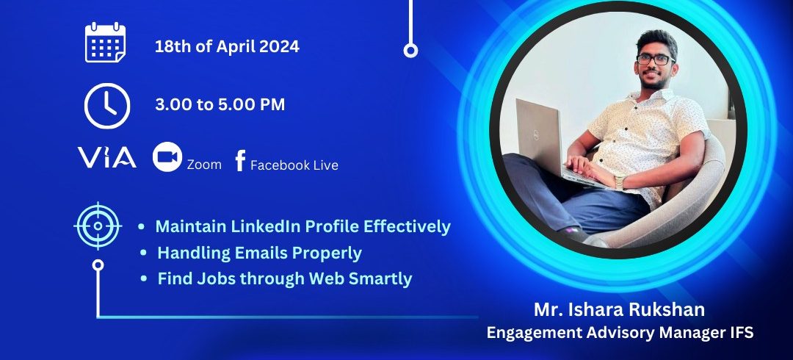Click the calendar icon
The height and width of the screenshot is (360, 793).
tap(105, 43)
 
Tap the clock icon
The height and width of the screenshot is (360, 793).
tap(106, 106)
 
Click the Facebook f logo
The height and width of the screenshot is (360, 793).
tap(240, 160)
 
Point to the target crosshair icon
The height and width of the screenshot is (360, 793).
tap(98, 226)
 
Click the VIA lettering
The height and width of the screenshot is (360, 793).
tap(106, 157)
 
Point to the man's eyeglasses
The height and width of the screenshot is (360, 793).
tap(656, 60)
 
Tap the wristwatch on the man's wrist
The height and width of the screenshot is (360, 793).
tap(619, 181)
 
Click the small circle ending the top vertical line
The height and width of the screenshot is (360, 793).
tap(410, 50)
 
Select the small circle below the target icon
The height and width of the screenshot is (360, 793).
tap(98, 264)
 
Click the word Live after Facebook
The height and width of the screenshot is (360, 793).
tap(325, 165)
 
